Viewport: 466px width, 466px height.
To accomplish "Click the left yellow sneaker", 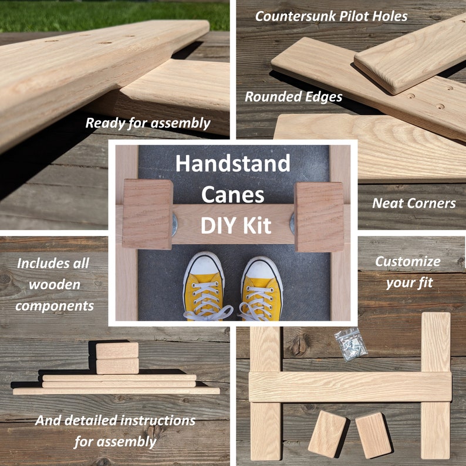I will coord(204,287).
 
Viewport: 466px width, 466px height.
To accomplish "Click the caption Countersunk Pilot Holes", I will coord(331,16).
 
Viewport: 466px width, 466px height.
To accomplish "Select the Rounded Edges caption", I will coord(293,97).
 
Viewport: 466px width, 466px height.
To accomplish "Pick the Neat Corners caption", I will coord(414,204).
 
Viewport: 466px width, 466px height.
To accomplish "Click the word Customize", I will coord(407,262).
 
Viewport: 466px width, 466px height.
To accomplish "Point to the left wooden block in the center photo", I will coord(147,214).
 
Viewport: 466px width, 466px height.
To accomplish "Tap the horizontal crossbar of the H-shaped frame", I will coord(350,387).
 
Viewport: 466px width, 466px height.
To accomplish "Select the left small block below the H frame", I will coord(327,433).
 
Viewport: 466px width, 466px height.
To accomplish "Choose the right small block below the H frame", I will coord(373,434).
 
